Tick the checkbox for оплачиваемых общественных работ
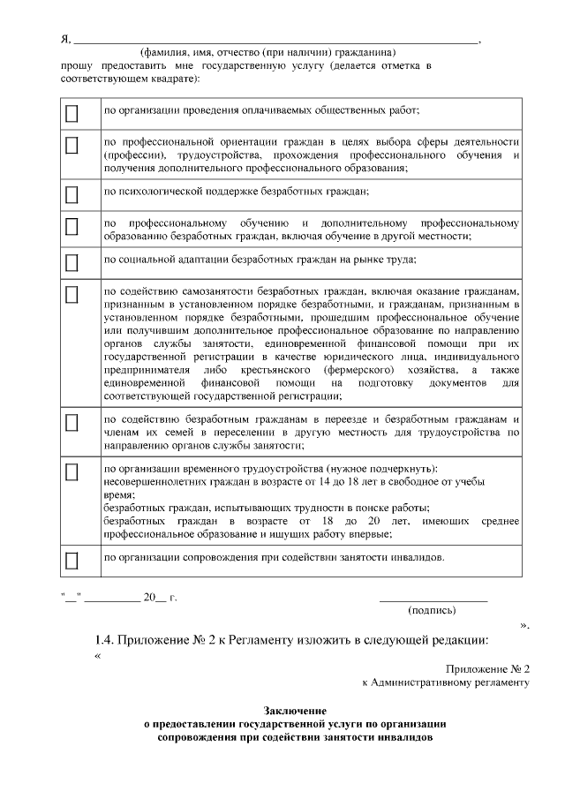(72, 113)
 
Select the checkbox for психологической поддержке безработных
(72, 192)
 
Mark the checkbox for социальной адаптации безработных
(72, 261)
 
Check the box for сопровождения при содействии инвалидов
(72, 560)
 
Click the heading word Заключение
(296, 711)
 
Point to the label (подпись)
(432, 610)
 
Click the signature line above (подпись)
(433, 600)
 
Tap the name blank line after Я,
(274, 40)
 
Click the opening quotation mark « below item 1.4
(98, 655)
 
